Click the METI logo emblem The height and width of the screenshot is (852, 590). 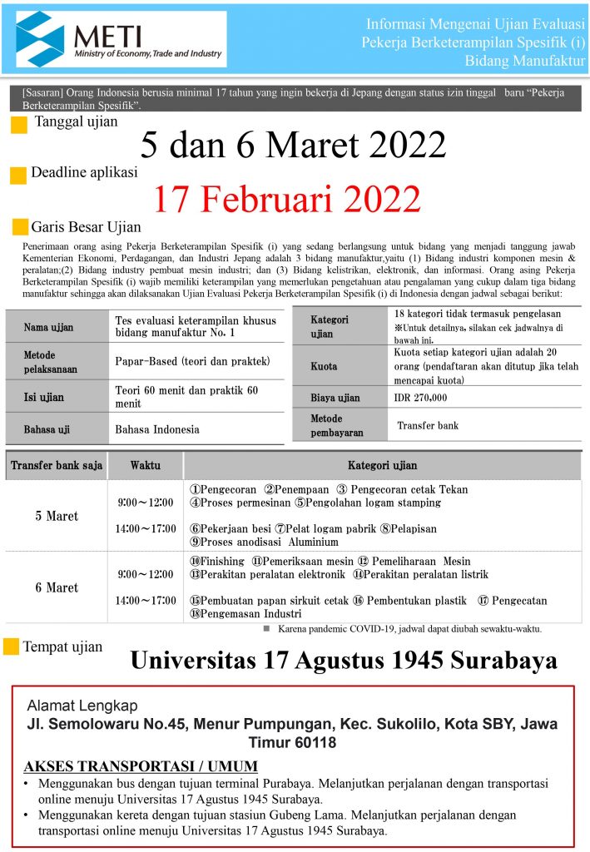tap(39, 38)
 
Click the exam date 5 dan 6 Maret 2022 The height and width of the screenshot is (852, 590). tap(293, 146)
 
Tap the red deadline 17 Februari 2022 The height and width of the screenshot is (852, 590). tap(287, 199)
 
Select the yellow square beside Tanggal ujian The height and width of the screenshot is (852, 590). tap(19, 126)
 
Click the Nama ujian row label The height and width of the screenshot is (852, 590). tap(48, 327)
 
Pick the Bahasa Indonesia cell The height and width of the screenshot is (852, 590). tap(157, 429)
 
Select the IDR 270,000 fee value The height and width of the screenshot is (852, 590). tap(420, 398)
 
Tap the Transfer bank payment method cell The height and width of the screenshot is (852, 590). tap(428, 425)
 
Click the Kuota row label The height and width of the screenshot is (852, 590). tap(324, 366)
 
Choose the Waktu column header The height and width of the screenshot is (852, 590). tap(145, 465)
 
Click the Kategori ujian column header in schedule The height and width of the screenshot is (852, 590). tap(382, 465)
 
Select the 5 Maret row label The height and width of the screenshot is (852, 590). tap(57, 516)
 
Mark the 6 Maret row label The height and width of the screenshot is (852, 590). tap(57, 587)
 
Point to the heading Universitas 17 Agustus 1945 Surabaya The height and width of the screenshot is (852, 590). tap(344, 661)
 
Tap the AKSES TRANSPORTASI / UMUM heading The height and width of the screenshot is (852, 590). tap(141, 765)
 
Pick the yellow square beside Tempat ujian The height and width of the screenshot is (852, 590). tap(12, 646)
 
